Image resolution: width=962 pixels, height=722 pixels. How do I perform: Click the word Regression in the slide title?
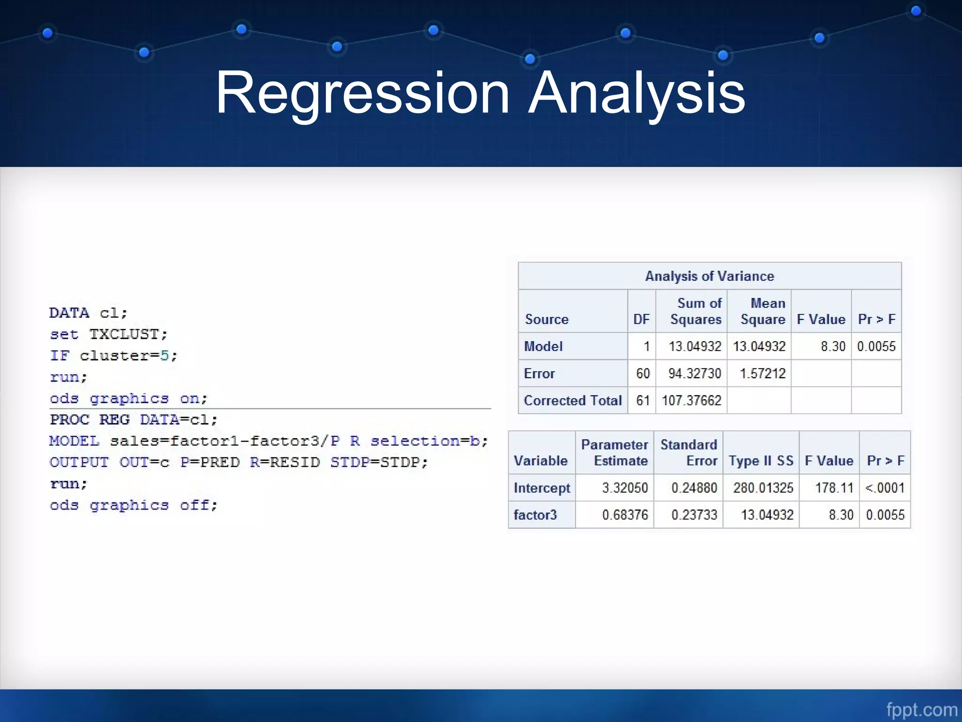click(362, 93)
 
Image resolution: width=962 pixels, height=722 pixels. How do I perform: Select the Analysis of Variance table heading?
click(709, 276)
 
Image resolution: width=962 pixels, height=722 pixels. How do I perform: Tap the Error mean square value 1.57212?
click(762, 374)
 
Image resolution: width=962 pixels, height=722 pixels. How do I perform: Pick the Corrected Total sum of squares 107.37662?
click(691, 400)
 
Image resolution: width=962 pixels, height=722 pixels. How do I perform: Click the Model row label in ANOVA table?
click(543, 346)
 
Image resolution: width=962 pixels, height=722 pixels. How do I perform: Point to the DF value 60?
click(643, 374)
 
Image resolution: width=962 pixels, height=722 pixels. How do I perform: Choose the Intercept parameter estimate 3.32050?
click(625, 488)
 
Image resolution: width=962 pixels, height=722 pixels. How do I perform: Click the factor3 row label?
click(535, 515)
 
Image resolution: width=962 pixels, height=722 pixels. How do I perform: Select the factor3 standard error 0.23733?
click(694, 515)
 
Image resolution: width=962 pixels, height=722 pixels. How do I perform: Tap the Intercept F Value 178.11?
click(834, 488)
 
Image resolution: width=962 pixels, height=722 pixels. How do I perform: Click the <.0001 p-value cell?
click(885, 488)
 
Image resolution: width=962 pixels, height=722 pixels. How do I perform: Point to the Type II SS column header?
click(760, 461)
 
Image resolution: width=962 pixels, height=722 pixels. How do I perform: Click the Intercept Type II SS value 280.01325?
click(763, 488)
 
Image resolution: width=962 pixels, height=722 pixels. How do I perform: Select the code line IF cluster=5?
click(114, 356)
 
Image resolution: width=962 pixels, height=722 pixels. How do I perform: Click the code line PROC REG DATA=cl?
click(134, 420)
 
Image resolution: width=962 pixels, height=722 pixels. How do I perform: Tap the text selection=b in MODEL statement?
click(425, 441)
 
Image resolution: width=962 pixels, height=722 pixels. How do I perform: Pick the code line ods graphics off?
click(134, 505)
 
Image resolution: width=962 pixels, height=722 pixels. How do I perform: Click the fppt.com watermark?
click(921, 709)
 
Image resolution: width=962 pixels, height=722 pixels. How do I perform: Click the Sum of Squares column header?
click(696, 311)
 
